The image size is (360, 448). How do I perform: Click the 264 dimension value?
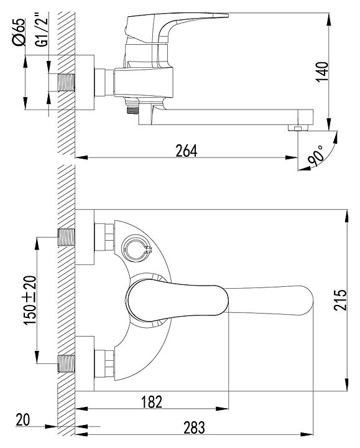tap(186, 151)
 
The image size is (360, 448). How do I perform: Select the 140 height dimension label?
tap(323, 72)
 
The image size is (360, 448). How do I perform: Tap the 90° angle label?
tap(316, 156)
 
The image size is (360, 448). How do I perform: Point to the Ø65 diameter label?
tap(19, 32)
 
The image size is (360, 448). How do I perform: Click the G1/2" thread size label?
tap(42, 29)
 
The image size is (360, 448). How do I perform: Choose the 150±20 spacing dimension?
tap(30, 300)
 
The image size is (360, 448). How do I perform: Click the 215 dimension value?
tap(340, 300)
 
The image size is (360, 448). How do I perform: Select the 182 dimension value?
tap(152, 402)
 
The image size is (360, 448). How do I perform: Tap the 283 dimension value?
tap(194, 427)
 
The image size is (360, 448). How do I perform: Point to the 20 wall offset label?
tap(23, 420)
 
